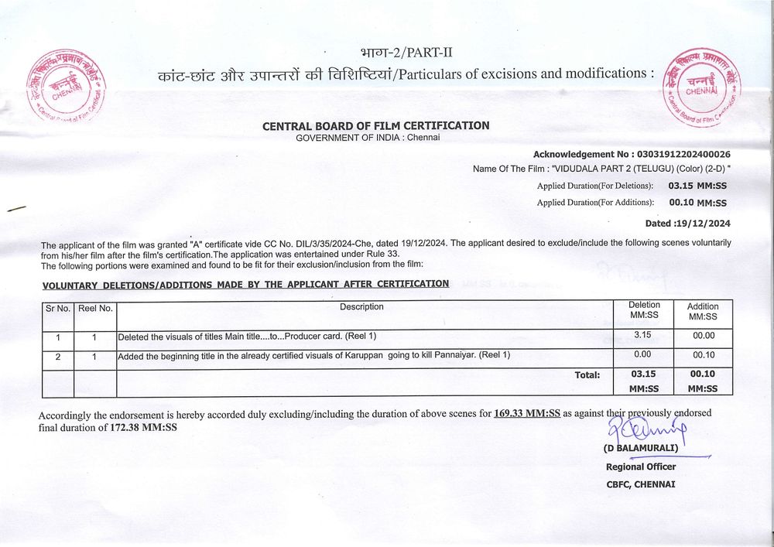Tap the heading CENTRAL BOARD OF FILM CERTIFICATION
tap(376, 125)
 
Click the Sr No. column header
tap(57, 308)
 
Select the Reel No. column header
tap(95, 308)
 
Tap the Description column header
tap(361, 307)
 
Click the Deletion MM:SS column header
tap(644, 311)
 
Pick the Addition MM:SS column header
tap(703, 312)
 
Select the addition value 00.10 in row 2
tap(703, 355)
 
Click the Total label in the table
tap(587, 375)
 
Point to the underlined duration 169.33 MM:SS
tap(526, 414)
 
